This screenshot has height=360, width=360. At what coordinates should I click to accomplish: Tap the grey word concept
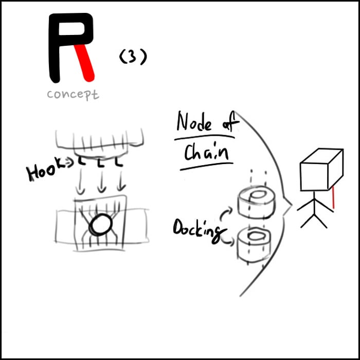[x=73, y=94]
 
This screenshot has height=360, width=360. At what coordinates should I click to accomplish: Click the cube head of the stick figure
[x=321, y=170]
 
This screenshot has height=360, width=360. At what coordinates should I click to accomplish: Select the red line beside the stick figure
[x=333, y=197]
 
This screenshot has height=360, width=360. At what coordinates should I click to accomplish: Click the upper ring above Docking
[x=257, y=202]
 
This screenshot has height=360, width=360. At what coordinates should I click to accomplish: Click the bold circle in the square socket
[x=101, y=225]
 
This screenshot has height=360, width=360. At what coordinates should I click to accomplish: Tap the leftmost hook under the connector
[x=82, y=160]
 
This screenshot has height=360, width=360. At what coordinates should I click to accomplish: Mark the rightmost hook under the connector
[x=119, y=162]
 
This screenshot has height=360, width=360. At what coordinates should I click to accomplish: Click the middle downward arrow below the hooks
[x=101, y=182]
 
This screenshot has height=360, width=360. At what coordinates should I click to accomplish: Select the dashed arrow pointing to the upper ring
[x=226, y=213]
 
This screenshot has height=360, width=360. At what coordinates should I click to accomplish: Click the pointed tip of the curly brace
[x=292, y=205]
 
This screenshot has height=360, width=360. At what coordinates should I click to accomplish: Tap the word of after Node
[x=230, y=123]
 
